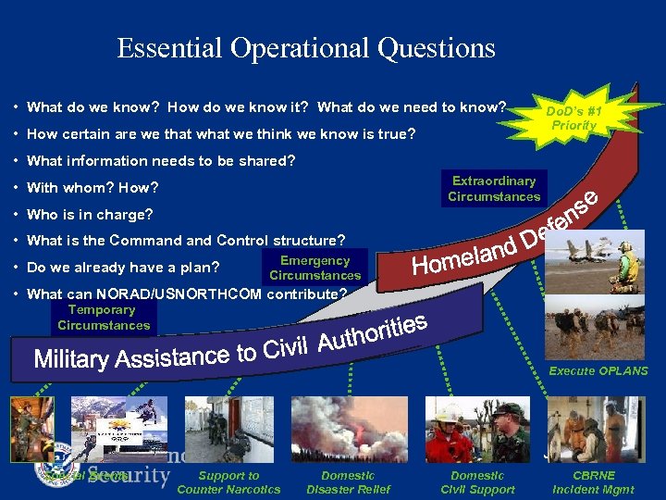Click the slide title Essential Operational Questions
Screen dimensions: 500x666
pyautogui.click(x=306, y=48)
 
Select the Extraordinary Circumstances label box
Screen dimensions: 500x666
pyautogui.click(x=494, y=189)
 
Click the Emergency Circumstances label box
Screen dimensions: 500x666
pyautogui.click(x=314, y=268)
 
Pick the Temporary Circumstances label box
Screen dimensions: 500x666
pyautogui.click(x=103, y=318)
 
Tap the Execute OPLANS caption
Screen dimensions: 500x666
pyautogui.click(x=598, y=370)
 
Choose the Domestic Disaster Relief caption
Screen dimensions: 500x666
pyautogui.click(x=349, y=482)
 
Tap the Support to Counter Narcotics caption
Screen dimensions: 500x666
pyautogui.click(x=228, y=482)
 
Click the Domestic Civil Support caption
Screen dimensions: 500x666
pyautogui.click(x=478, y=482)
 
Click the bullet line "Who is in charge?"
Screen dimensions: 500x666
pyautogui.click(x=91, y=215)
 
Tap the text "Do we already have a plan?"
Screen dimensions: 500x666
pyautogui.click(x=124, y=269)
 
